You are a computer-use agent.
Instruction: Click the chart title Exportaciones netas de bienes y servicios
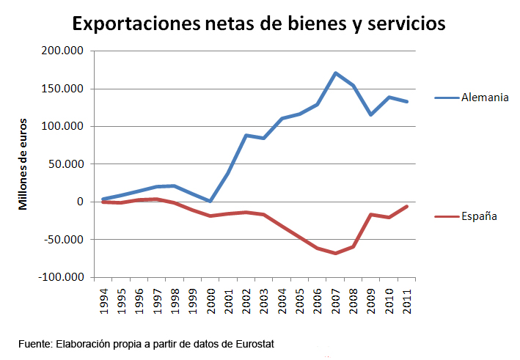pos(258,23)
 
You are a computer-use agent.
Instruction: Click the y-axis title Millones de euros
pos(23,164)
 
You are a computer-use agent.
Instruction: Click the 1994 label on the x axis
pos(103,300)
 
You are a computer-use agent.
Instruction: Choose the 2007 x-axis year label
pos(335,300)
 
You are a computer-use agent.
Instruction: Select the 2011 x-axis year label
pos(406,300)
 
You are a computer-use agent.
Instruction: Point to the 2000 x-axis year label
pos(210,300)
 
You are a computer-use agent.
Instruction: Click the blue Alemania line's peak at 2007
pos(335,73)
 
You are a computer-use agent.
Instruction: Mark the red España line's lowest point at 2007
pos(335,253)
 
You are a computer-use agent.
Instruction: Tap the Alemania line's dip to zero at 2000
pos(210,201)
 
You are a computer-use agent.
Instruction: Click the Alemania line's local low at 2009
pos(371,114)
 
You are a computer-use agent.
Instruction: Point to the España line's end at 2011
pos(407,206)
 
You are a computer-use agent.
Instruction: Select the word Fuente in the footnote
pos(34,343)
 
